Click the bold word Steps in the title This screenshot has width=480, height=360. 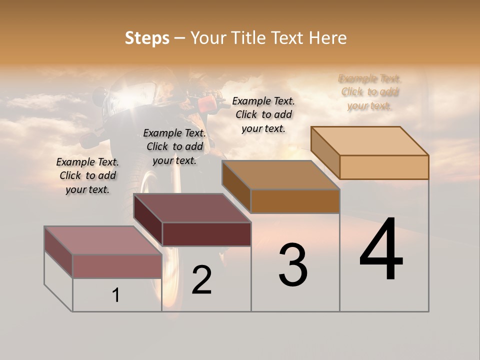pos(147,38)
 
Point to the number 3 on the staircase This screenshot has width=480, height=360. pos(292,265)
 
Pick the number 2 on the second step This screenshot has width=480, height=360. pos(201,280)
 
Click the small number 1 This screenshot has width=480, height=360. pos(116,295)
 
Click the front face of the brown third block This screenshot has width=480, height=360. pos(295,201)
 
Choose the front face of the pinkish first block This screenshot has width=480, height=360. pos(117,266)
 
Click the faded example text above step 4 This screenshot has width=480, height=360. pos(370,92)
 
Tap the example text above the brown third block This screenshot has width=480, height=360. pos(263,114)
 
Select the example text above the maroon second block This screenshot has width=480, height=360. pos(174,146)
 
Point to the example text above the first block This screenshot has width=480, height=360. pos(87,175)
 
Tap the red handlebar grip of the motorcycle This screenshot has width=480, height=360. pos(206,104)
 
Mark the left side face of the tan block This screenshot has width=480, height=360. pos(325,152)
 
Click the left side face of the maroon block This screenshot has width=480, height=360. pos(148,220)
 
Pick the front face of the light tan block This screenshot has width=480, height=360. pos(384,167)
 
